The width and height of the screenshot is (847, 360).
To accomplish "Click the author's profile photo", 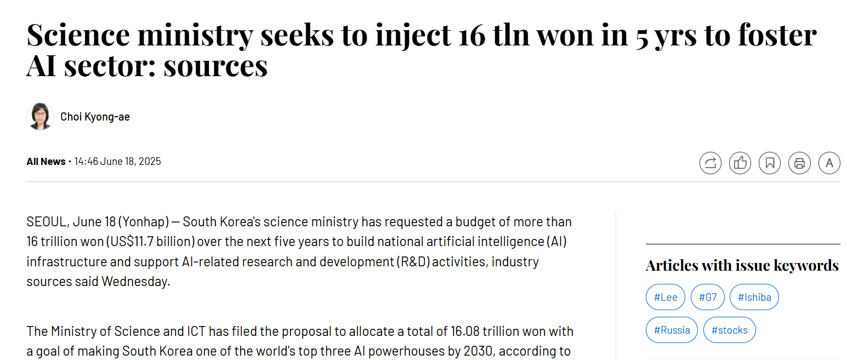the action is [40, 116].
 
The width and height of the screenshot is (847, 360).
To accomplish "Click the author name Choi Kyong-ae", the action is [95, 117].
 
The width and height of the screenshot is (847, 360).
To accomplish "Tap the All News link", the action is [46, 162].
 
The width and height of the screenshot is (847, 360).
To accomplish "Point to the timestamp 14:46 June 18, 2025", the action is [118, 162].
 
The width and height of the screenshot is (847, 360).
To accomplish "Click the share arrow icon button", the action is [710, 163].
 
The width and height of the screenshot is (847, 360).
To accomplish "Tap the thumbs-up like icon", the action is [740, 163].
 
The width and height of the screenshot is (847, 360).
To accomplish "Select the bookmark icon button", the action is [770, 163].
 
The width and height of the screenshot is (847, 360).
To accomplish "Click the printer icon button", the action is [799, 163].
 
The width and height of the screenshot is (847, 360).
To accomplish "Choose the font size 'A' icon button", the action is [829, 163].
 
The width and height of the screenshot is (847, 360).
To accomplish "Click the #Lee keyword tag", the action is [666, 298].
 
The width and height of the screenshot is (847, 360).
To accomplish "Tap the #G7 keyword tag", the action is [707, 298].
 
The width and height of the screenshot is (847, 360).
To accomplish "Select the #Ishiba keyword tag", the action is [754, 298].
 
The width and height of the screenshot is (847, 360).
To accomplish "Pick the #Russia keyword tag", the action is [672, 330].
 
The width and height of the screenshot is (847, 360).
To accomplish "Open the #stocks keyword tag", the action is [729, 330].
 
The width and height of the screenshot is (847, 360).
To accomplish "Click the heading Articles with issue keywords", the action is [742, 265].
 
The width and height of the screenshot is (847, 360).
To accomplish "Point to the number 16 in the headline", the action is [471, 36].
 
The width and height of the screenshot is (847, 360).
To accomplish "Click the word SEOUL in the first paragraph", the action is [48, 222].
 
